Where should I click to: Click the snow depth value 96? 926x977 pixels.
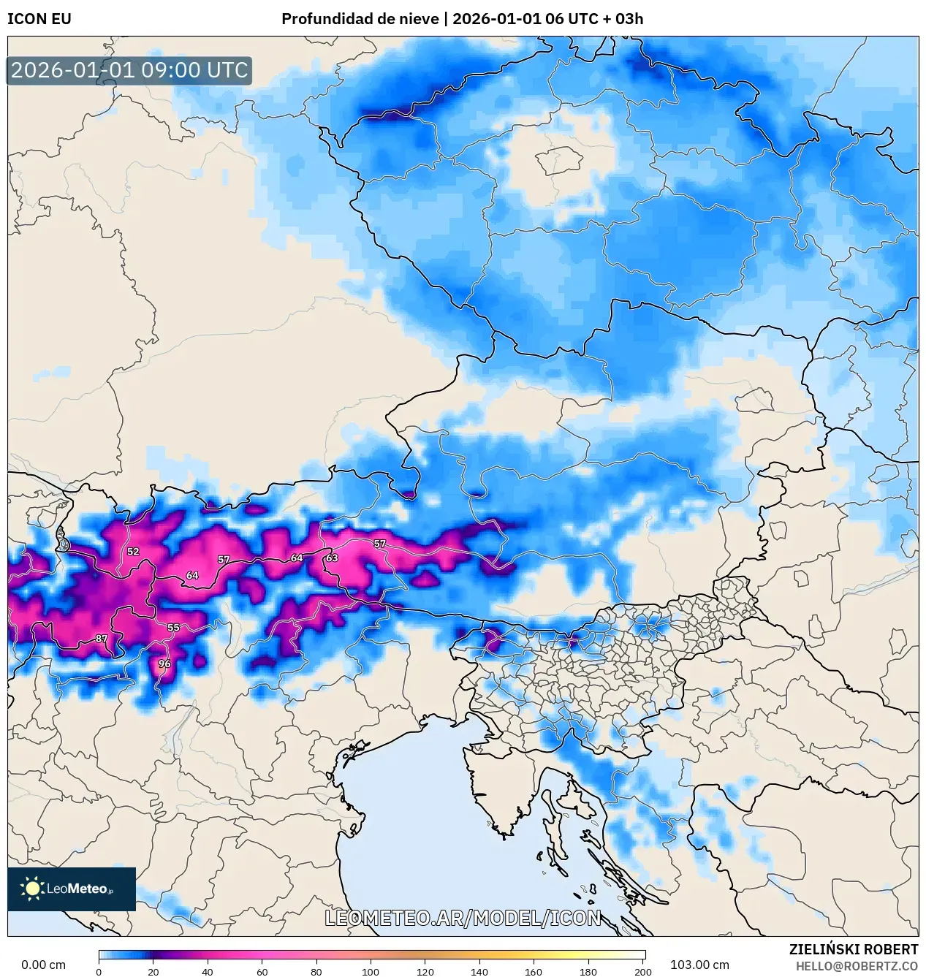(164, 664)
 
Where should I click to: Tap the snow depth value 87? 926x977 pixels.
(102, 639)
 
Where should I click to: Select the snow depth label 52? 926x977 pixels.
(133, 552)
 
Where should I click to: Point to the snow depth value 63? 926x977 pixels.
(332, 558)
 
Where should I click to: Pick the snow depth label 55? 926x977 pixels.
(173, 627)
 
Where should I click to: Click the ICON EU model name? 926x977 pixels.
(39, 19)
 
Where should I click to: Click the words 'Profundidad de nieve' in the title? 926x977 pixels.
(360, 19)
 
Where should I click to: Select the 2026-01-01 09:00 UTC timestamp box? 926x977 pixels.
(129, 70)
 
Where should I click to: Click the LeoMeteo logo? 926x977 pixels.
(72, 889)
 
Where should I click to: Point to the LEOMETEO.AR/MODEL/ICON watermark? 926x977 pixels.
(463, 918)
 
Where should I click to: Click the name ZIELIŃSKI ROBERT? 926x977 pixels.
(853, 949)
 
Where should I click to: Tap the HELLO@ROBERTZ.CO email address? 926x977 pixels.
(857, 966)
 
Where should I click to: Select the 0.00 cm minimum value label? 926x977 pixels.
(43, 965)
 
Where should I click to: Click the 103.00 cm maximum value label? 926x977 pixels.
(699, 965)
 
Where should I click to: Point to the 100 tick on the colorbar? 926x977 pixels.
(371, 972)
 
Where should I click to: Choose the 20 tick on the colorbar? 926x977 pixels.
(153, 972)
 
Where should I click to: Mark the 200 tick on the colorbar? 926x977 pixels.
(642, 972)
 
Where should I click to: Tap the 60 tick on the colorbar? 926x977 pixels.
(262, 972)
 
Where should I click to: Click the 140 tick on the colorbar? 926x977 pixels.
(479, 972)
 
